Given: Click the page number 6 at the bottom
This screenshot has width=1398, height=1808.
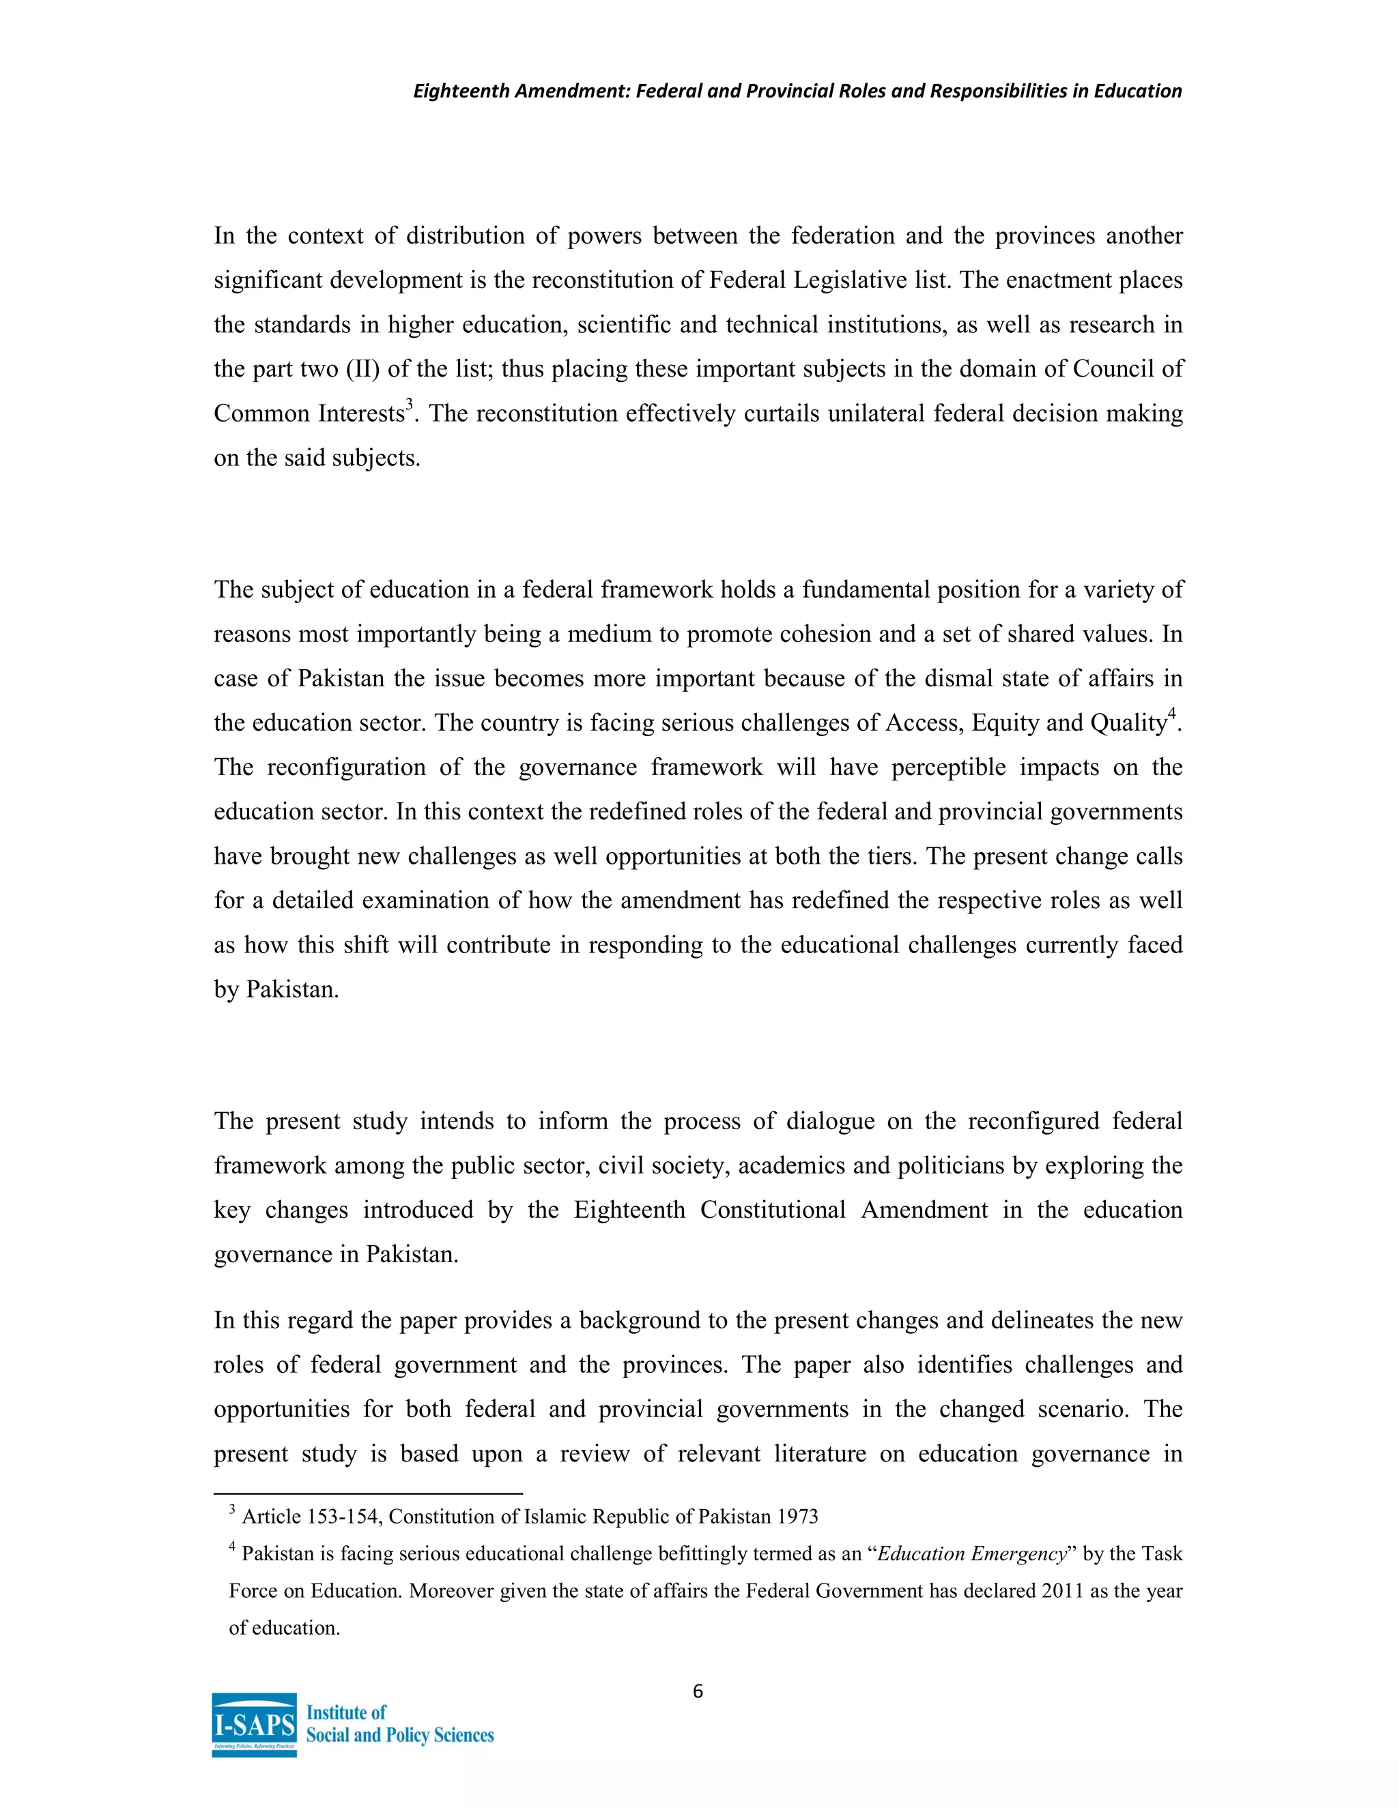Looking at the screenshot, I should [x=698, y=1691].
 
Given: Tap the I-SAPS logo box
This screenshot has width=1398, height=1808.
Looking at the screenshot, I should [x=254, y=1724].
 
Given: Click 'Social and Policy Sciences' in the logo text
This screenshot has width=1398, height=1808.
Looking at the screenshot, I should [x=400, y=1735].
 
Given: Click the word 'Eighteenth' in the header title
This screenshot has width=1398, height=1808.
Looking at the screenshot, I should [x=461, y=91].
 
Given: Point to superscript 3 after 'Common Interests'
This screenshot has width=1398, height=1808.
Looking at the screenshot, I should [x=409, y=404].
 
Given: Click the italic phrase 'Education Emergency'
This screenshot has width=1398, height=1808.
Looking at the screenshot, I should [x=971, y=1554].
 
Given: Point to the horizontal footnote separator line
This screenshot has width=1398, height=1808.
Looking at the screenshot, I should [x=368, y=1493].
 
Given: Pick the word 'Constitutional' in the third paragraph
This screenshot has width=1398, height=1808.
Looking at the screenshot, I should [x=772, y=1210].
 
